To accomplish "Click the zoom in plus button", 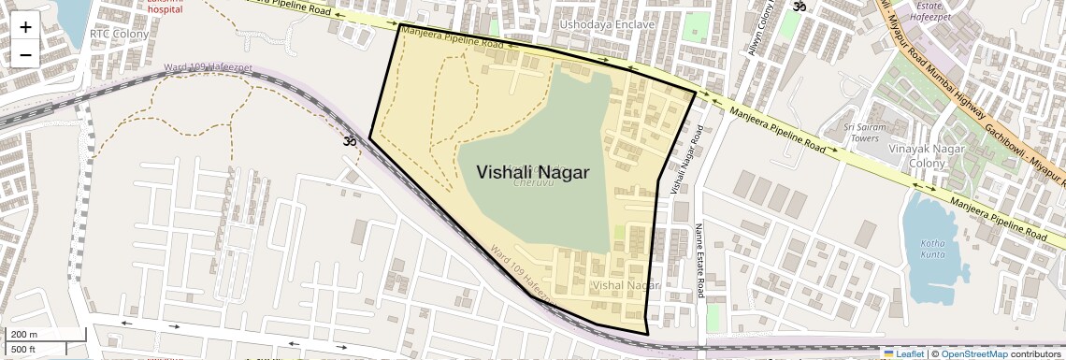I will pyautogui.click(x=25, y=27).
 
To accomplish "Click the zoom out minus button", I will pyautogui.click(x=25, y=54).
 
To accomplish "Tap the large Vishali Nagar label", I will pyautogui.click(x=533, y=172).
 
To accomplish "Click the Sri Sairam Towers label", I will pyautogui.click(x=863, y=131).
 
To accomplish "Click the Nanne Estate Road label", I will pyautogui.click(x=698, y=261).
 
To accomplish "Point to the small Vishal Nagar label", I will pyautogui.click(x=627, y=284).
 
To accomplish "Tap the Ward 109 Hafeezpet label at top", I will pyautogui.click(x=201, y=67).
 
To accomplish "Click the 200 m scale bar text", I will pyautogui.click(x=24, y=335).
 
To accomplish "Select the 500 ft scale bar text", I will pyautogui.click(x=23, y=350).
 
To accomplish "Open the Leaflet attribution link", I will pyautogui.click(x=903, y=353).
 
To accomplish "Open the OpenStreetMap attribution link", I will pyautogui.click(x=974, y=353).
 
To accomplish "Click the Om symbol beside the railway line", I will pyautogui.click(x=351, y=142).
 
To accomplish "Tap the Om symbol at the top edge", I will pyautogui.click(x=799, y=7).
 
